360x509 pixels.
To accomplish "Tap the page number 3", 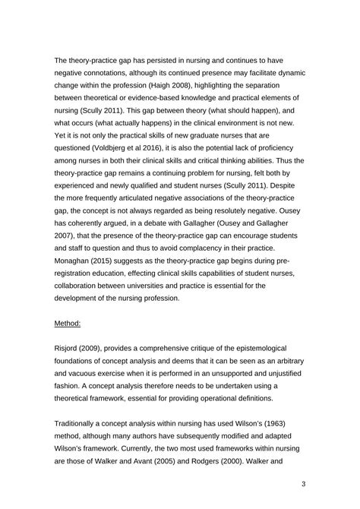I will click(x=303, y=484).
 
